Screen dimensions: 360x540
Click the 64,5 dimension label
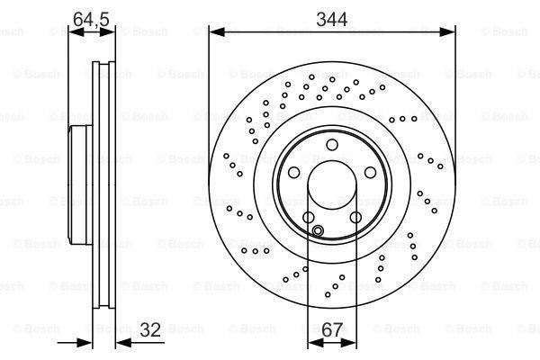pos(87,15)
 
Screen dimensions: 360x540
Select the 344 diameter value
pos(331,15)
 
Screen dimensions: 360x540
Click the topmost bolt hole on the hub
pos(331,145)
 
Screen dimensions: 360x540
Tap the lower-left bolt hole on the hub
pos(308,217)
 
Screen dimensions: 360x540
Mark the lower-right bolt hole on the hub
pos(355,217)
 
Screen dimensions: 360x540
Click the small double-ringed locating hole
pos(318,230)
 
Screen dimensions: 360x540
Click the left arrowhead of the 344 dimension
pos(214,32)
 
